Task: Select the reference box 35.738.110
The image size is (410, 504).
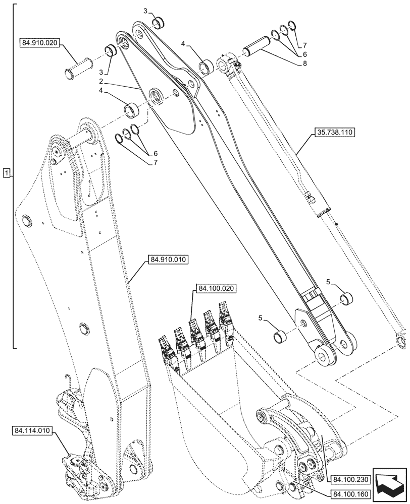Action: point(335,133)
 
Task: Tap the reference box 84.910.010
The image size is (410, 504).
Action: point(168,260)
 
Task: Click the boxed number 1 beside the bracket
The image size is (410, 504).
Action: point(6,173)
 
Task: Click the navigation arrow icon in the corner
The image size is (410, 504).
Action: point(389,483)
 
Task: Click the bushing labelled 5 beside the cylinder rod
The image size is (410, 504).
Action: point(346,299)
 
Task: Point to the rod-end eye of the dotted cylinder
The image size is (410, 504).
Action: point(402,339)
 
